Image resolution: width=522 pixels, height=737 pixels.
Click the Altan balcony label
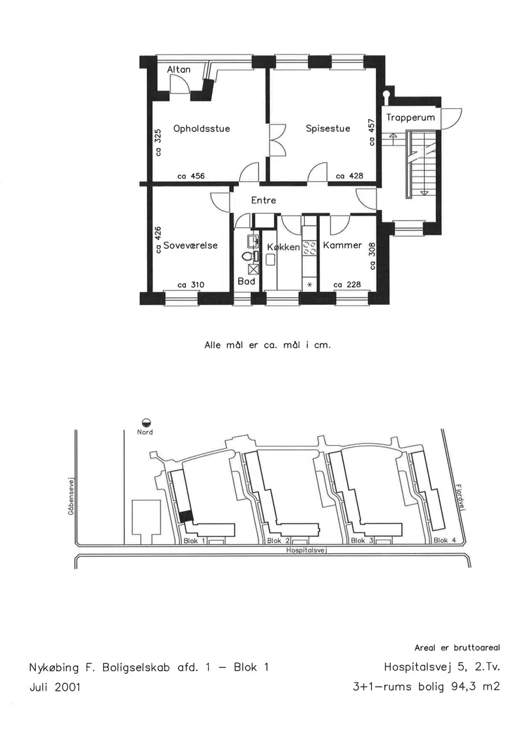179,70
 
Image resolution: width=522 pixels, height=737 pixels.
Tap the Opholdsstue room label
202,129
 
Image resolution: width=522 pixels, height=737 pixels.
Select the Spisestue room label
328,128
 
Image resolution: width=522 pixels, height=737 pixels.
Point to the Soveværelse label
191,246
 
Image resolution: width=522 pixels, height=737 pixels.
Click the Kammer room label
343,246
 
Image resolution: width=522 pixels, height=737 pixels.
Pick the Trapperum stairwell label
410,117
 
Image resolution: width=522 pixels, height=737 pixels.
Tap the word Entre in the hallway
264,200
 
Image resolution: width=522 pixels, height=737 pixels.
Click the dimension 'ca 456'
191,176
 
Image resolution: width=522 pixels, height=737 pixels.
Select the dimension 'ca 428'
350,176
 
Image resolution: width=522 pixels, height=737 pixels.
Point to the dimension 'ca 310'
191,285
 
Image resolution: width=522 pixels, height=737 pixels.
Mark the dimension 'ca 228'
347,284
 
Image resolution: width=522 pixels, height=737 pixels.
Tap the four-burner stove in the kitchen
309,249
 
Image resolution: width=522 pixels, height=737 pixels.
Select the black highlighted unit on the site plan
187,515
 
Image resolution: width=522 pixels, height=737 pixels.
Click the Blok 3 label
361,540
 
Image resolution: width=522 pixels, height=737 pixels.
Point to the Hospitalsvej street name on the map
307,550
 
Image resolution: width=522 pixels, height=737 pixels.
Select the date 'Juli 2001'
55,687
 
